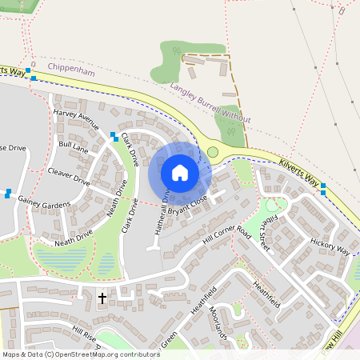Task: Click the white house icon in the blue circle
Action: coord(180,173)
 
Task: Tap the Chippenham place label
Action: coord(70,70)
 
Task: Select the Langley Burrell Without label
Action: coord(210,105)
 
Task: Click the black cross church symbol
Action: coord(102,298)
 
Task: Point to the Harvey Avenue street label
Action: coord(76,120)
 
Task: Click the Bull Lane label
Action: coord(74,146)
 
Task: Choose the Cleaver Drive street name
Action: coord(69,175)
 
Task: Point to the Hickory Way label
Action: coord(331,246)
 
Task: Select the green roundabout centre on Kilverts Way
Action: coord(213,151)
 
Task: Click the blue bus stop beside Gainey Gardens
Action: coord(8,193)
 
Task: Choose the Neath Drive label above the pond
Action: coord(74,238)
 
